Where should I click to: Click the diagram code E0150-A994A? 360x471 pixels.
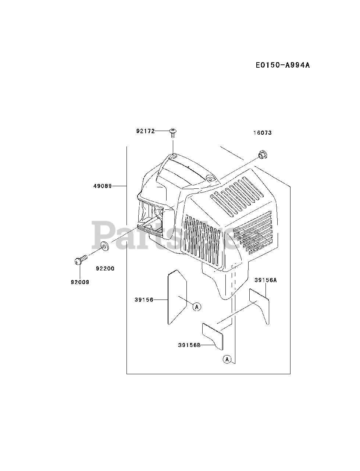[x=283, y=65]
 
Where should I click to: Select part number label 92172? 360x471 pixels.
[x=145, y=131]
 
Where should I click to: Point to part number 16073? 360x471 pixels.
[x=262, y=133]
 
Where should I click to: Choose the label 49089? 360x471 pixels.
[x=102, y=186]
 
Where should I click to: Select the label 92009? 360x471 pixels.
[x=80, y=282]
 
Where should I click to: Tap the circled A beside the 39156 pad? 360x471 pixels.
[x=197, y=307]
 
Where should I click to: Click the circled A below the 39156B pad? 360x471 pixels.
[x=227, y=359]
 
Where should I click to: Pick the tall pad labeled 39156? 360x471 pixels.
[x=177, y=297]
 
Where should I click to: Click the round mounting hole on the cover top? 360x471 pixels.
[x=211, y=178]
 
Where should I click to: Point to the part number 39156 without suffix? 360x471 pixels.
[x=144, y=300]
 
